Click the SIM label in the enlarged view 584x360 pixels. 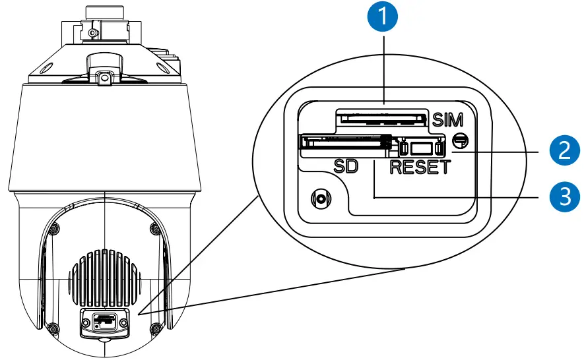[449, 120]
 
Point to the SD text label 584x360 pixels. [344, 166]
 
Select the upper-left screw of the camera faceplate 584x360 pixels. [52, 229]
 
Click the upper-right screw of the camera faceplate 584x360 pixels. [155, 229]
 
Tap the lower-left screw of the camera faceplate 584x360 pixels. [52, 326]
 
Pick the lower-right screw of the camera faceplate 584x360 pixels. [156, 326]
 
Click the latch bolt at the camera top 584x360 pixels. [103, 78]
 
